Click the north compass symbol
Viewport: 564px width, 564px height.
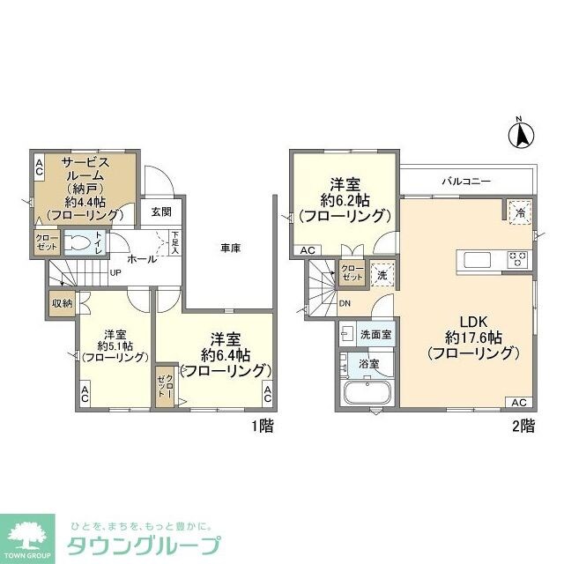(x=520, y=135)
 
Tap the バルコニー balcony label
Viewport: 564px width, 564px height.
(x=466, y=181)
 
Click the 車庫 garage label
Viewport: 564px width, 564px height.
(x=231, y=249)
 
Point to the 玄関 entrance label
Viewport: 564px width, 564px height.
(x=160, y=211)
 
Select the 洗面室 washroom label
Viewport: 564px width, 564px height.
(x=375, y=335)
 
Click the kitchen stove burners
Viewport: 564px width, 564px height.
(x=516, y=259)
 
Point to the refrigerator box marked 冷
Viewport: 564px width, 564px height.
(x=520, y=211)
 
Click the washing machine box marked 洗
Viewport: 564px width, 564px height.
(x=381, y=273)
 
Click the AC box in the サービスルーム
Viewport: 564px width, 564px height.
(x=39, y=167)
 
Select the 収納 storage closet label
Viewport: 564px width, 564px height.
(x=61, y=302)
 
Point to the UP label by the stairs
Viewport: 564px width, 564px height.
(x=115, y=272)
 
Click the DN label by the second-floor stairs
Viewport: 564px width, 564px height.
(x=345, y=304)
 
